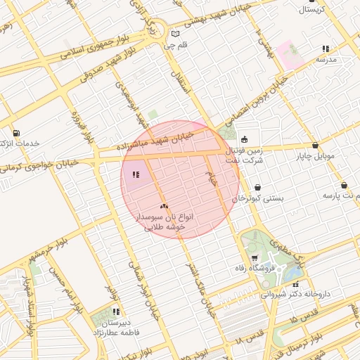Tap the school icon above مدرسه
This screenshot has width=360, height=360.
click(x=326, y=49)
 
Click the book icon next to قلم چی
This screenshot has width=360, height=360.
click(x=175, y=34)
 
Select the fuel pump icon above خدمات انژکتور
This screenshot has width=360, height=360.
click(x=16, y=132)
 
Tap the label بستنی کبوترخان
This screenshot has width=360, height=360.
click(x=258, y=198)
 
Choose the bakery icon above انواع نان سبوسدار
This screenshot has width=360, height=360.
click(x=164, y=206)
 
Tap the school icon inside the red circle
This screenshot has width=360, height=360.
click(x=136, y=173)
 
